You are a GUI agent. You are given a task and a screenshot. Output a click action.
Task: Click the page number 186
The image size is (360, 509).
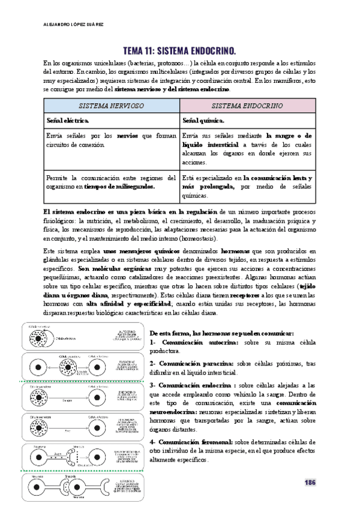point(310,483)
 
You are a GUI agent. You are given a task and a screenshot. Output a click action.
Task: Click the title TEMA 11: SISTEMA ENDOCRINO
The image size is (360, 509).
point(179,50)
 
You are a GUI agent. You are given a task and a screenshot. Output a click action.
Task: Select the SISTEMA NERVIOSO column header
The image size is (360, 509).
point(112,104)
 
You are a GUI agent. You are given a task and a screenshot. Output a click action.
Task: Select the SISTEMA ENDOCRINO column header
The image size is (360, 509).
point(247,104)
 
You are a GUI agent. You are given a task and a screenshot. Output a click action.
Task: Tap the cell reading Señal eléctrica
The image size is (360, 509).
point(68,120)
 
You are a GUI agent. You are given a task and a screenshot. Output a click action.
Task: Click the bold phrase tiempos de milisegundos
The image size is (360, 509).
point(120,186)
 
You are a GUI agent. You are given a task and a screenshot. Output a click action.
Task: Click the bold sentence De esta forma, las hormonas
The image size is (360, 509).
point(221,333)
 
